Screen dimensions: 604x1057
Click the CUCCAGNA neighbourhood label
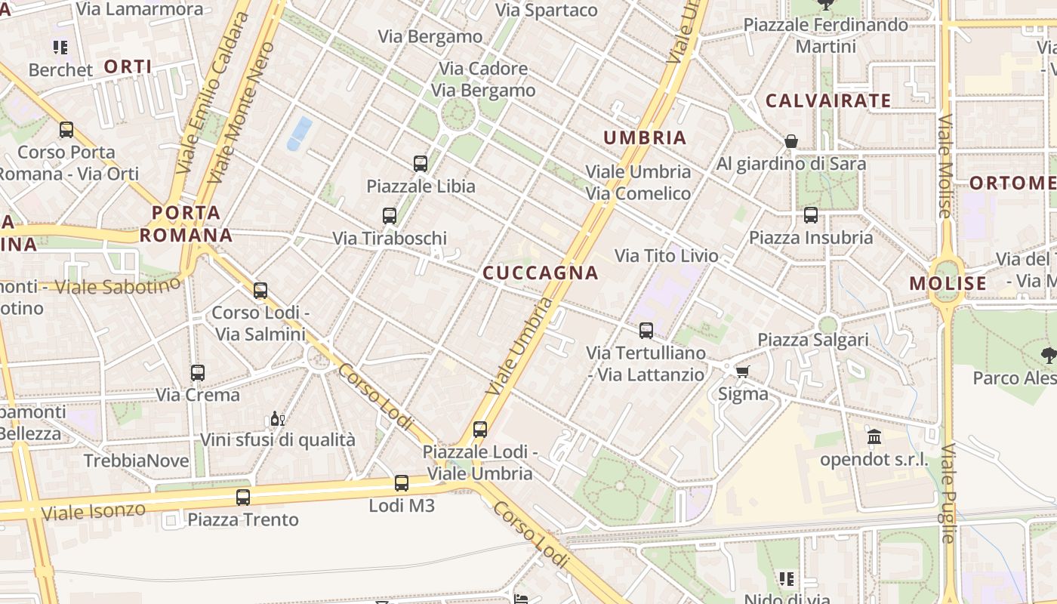540,273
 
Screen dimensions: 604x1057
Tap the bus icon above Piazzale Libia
421,163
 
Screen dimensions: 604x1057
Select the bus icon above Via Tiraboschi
390,216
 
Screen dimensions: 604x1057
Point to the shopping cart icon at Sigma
743,371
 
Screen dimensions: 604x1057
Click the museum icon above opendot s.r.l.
874,436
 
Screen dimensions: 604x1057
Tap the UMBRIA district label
645,137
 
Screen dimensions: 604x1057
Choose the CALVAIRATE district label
828,100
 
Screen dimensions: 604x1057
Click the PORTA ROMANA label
186,223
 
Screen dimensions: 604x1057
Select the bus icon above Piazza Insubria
811,215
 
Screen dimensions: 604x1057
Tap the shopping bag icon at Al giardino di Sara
791,141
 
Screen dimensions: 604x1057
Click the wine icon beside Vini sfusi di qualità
277,419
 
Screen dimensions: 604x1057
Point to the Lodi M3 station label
402,506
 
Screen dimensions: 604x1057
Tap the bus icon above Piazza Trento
243,498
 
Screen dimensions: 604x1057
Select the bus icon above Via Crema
198,373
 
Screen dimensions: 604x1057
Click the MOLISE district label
948,284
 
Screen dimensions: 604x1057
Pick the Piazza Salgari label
813,340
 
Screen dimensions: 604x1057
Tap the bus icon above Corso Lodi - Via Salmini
260,291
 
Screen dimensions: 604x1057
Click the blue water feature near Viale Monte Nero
299,133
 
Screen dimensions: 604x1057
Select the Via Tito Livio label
667,256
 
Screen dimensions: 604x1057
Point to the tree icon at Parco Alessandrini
1048,356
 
